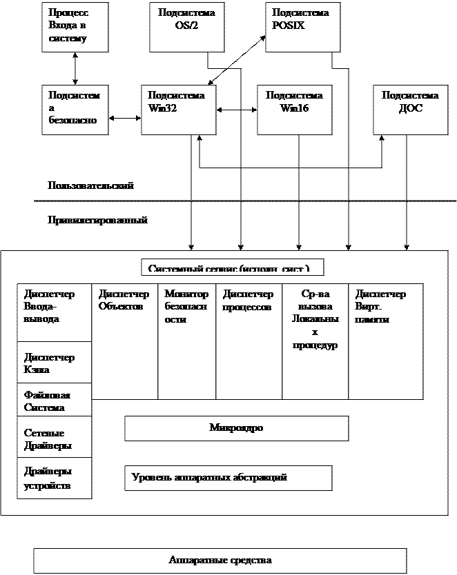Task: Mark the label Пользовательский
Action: (104, 185)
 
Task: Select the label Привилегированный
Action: (99, 221)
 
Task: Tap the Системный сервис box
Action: (232, 268)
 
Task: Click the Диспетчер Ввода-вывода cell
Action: (55, 312)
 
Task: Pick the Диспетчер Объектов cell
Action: (124, 341)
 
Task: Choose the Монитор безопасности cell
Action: (186, 341)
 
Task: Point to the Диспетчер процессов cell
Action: (249, 341)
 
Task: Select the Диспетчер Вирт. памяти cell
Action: (385, 341)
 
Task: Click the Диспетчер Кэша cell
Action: (55, 362)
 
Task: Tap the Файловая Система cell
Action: (55, 399)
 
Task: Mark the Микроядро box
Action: (236, 428)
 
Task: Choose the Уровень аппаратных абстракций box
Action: (228, 478)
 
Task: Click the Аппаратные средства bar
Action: (220, 561)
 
